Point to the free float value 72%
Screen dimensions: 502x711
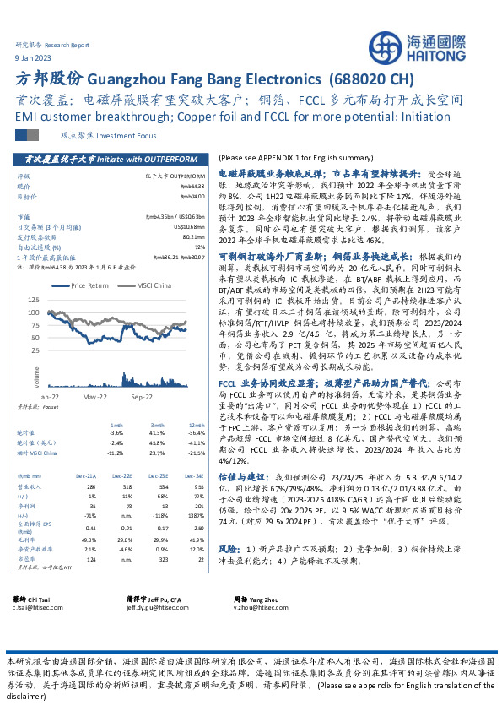click(199, 247)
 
